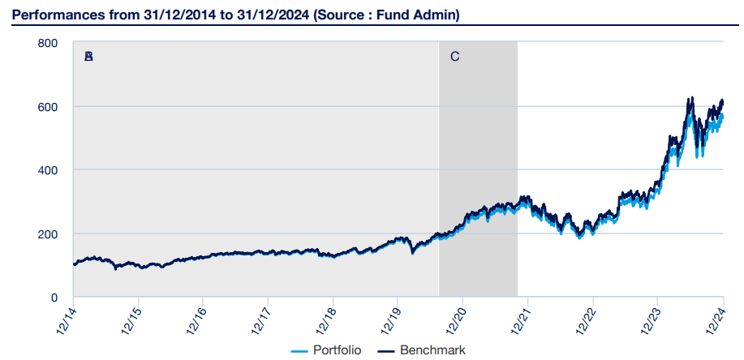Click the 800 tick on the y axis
pyautogui.click(x=48, y=43)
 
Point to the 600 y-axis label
pyautogui.click(x=48, y=106)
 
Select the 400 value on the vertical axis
pyautogui.click(x=48, y=170)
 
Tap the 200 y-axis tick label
pyautogui.click(x=48, y=234)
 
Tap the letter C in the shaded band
pyautogui.click(x=454, y=57)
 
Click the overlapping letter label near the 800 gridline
pyautogui.click(x=88, y=57)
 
